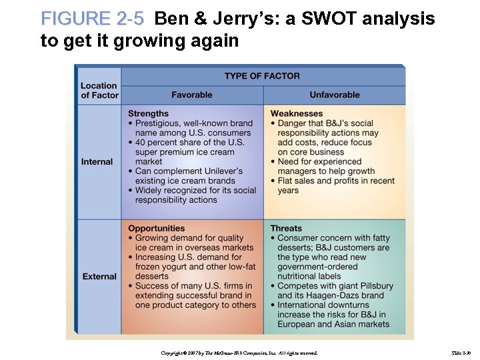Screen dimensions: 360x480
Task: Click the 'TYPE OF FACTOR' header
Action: [262, 76]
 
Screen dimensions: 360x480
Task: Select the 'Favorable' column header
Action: [192, 95]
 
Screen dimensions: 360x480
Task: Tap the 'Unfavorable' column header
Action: [334, 95]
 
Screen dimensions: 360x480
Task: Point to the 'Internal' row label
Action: [97, 161]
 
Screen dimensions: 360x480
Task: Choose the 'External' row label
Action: [99, 276]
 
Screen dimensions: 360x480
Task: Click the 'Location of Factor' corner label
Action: [99, 90]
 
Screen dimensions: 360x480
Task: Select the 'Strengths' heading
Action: [148, 113]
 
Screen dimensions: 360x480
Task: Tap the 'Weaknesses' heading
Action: [296, 113]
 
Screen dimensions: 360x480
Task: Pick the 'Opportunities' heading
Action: [156, 229]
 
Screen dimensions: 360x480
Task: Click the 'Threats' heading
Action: [286, 229]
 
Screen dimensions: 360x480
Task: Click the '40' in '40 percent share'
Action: [141, 142]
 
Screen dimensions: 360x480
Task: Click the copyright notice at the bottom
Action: [241, 352]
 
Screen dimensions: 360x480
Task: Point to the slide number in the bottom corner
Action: [461, 352]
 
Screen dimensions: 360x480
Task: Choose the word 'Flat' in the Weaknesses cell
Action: [288, 181]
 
